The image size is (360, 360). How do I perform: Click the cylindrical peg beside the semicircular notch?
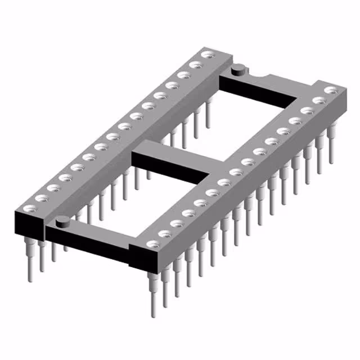(x=237, y=70)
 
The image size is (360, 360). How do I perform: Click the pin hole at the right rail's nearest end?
(x=151, y=244)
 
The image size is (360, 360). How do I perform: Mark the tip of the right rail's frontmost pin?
(x=153, y=313)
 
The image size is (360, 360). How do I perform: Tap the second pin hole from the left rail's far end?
(x=195, y=65)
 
